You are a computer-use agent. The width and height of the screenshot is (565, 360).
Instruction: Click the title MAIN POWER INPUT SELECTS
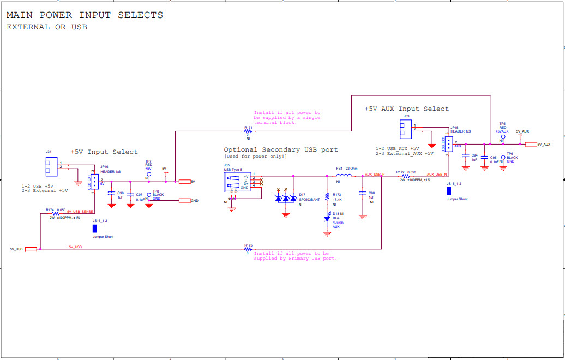[x=85, y=15]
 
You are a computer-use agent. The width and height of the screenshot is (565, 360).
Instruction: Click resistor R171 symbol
[x=249, y=131]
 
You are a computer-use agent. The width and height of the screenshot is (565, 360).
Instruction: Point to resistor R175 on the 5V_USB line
[x=249, y=249]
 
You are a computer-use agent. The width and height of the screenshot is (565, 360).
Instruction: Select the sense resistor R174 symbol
[x=55, y=214]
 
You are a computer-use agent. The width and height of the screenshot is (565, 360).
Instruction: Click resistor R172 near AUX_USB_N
[x=405, y=176]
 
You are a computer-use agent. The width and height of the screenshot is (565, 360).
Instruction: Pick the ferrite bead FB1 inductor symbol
[x=344, y=176]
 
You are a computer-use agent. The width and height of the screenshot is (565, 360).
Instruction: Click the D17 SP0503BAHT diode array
[x=286, y=198]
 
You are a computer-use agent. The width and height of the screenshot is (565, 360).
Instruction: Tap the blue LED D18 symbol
[x=327, y=218]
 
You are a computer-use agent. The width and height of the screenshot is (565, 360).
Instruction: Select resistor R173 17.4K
[x=327, y=197]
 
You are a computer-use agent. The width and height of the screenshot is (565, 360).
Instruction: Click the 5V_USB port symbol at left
[x=31, y=249]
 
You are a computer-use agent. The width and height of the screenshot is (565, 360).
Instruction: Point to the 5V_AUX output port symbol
[x=531, y=144]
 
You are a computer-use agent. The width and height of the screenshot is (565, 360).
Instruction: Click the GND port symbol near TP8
[x=184, y=201]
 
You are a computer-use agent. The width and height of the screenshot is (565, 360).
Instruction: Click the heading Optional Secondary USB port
[x=280, y=149]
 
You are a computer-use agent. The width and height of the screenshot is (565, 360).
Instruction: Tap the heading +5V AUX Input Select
[x=406, y=109]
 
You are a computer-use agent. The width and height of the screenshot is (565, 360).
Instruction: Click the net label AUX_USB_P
[x=375, y=174]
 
